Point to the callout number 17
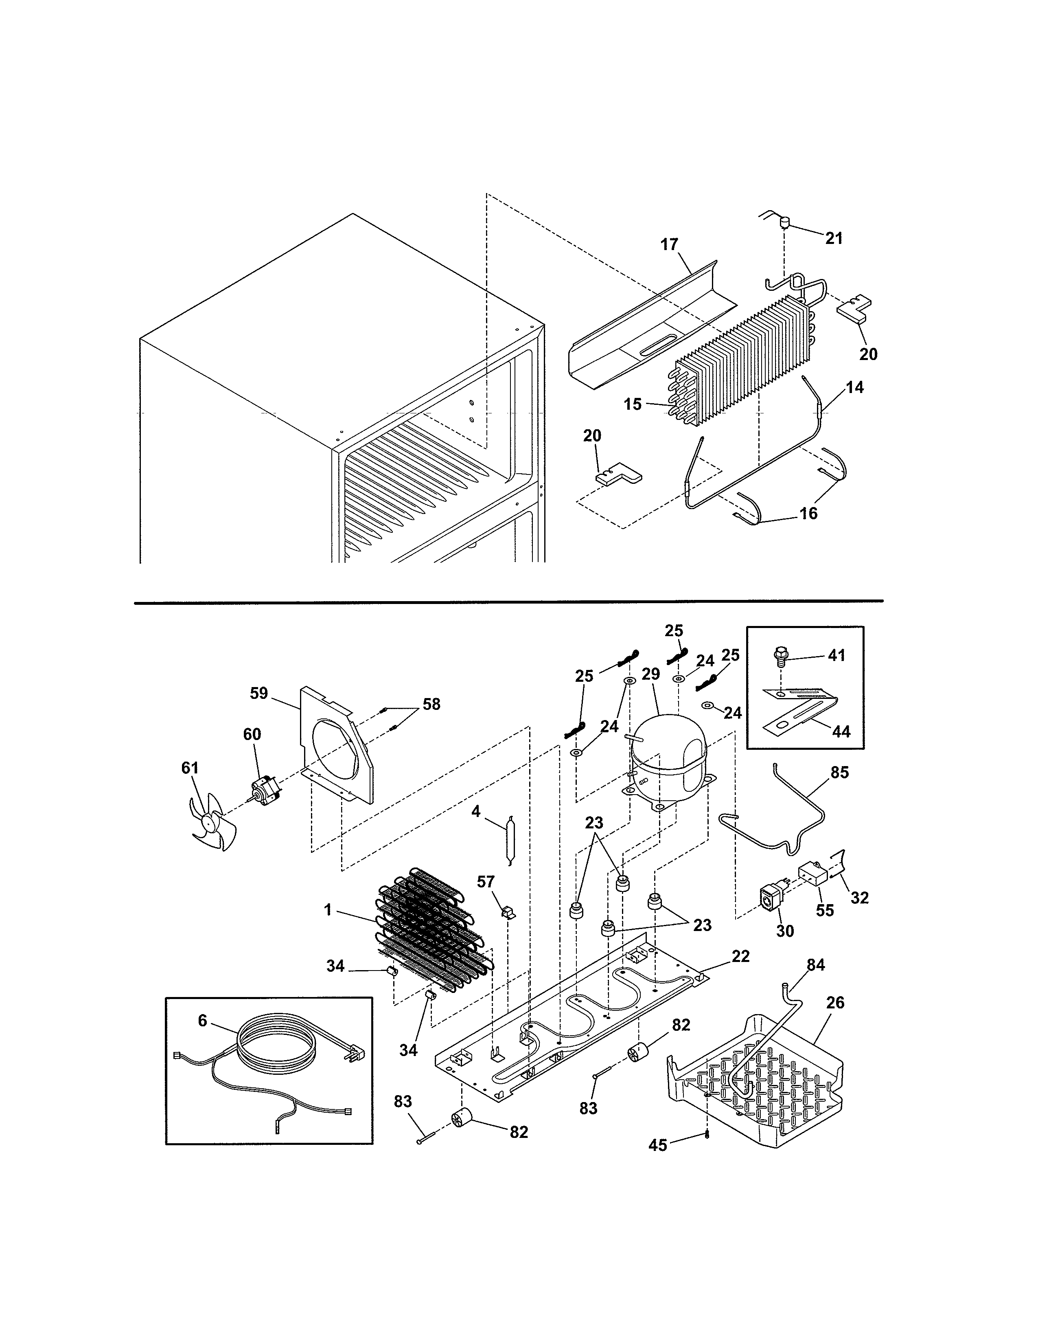pos(669,244)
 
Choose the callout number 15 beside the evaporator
pos(633,404)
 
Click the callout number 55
pos(825,927)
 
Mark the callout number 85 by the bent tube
pos(839,772)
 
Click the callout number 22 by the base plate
pos(741,956)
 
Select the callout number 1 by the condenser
pos(328,909)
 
